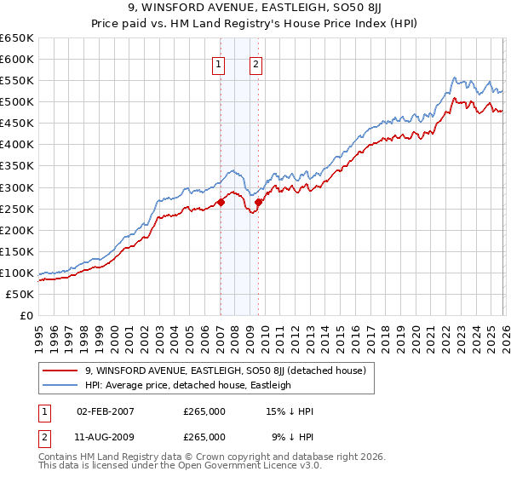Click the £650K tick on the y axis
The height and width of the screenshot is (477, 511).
[x=17, y=38]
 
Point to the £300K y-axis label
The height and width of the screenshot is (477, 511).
[x=17, y=187]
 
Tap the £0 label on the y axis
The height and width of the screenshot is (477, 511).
[x=26, y=315]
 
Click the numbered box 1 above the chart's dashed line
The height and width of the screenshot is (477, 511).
[x=219, y=63]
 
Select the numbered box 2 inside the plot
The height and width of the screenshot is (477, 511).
[x=255, y=63]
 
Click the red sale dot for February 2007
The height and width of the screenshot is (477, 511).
[x=221, y=202]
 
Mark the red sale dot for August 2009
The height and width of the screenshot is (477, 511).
[x=258, y=202]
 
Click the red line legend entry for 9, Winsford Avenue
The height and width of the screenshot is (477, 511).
[x=225, y=371]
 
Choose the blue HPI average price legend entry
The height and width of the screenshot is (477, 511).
[x=187, y=385]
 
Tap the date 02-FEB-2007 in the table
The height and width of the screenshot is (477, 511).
[x=105, y=411]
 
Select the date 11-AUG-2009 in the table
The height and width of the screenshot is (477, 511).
[x=105, y=436]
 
